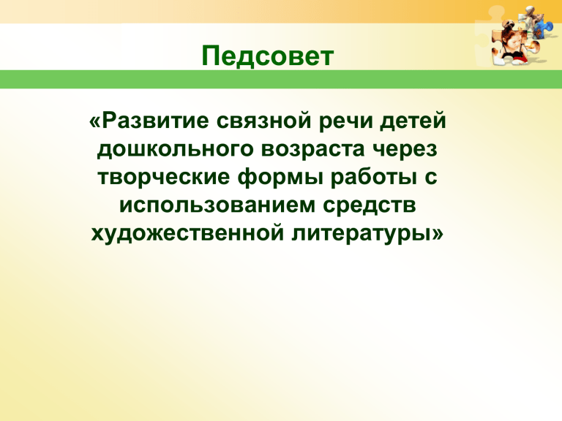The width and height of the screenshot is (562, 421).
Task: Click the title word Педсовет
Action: click(268, 56)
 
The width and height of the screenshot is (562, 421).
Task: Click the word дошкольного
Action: click(176, 150)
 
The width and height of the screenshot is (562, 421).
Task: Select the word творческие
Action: click(163, 178)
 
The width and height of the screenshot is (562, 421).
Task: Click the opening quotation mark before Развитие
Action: click(95, 123)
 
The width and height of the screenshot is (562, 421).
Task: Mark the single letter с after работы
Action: click(431, 178)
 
